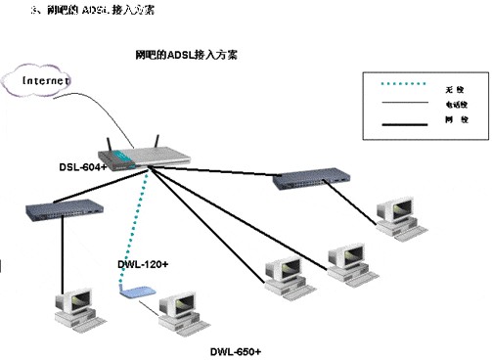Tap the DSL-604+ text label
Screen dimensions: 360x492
(x=81, y=166)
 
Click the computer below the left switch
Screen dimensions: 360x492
(x=79, y=306)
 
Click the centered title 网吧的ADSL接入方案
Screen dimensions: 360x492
(x=186, y=57)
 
